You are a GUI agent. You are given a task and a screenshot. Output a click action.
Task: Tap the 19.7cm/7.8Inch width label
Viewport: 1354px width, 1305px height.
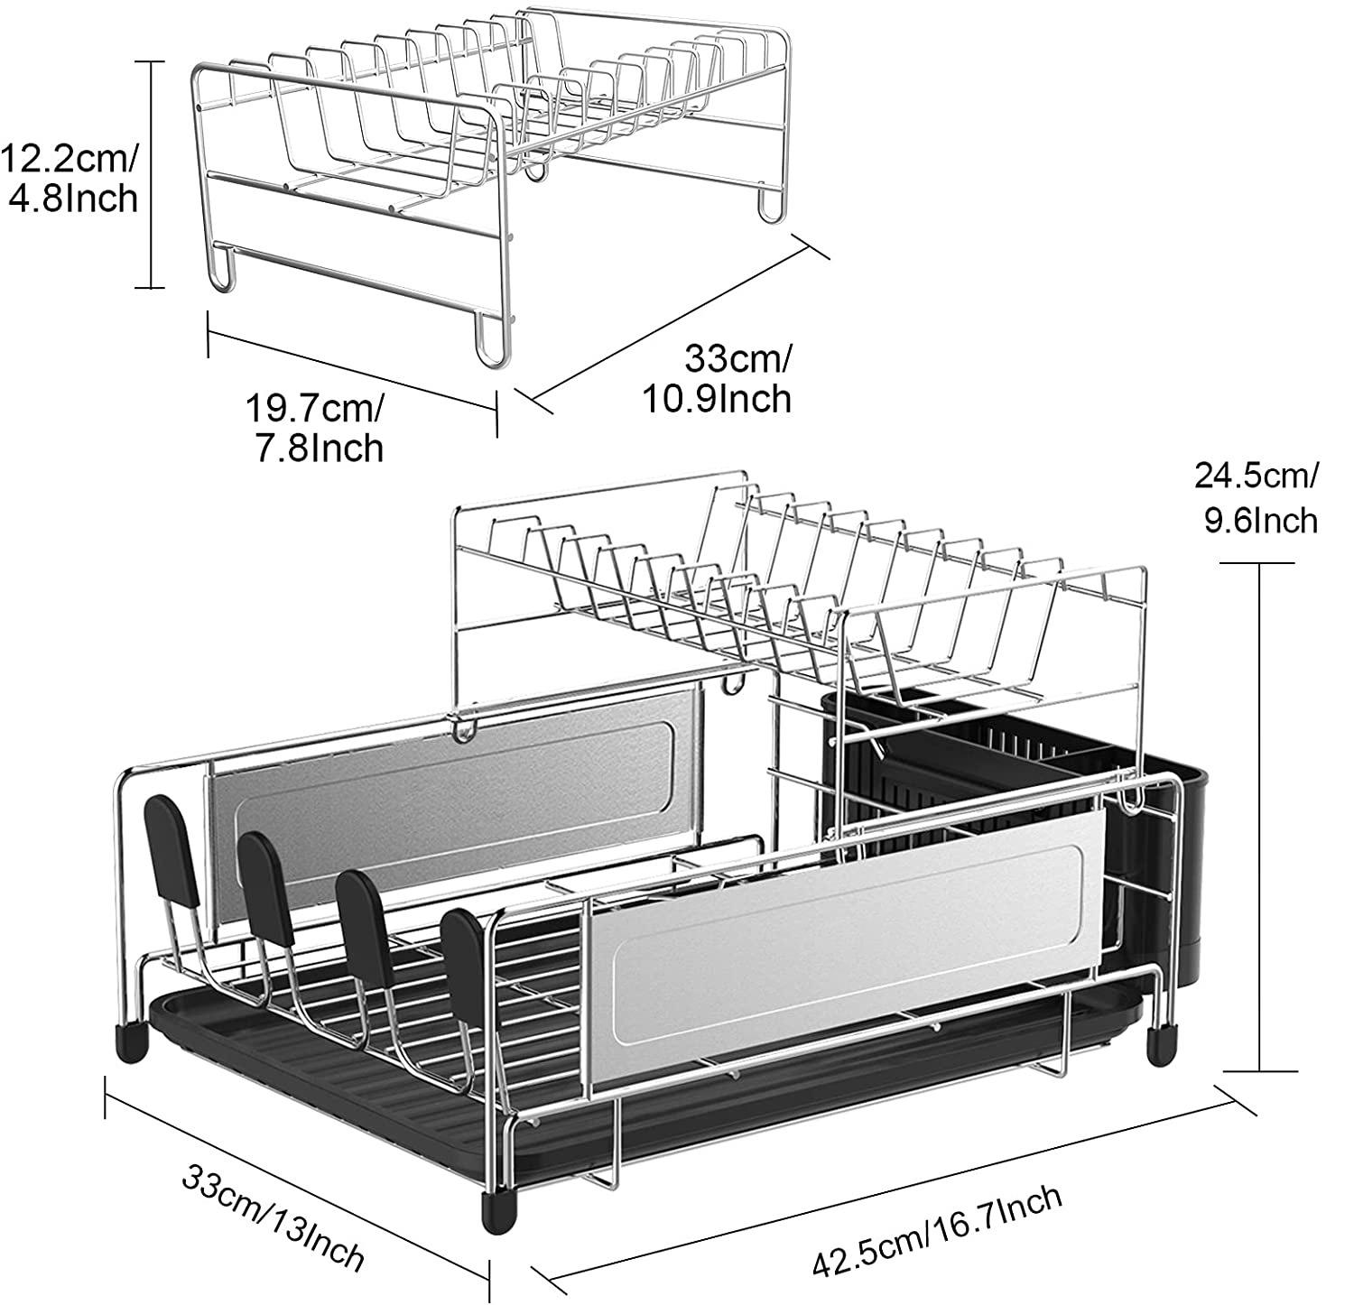click(x=315, y=428)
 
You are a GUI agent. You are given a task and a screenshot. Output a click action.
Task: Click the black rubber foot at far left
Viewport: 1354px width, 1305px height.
click(x=131, y=1040)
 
